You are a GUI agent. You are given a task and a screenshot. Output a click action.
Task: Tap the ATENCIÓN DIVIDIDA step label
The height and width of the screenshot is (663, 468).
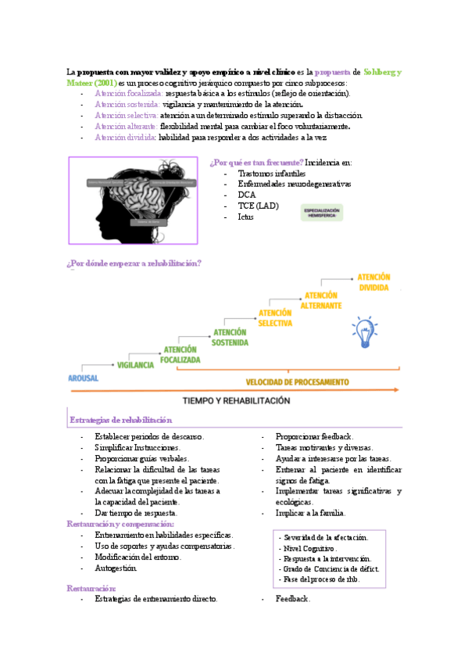[373, 282]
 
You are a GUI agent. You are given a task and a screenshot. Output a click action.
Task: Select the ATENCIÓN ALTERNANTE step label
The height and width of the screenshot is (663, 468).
[321, 300]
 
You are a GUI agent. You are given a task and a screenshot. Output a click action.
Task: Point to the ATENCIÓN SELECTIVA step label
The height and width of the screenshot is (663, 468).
[275, 318]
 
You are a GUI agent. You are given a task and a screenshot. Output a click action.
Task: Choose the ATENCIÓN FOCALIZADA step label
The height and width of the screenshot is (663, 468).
[180, 355]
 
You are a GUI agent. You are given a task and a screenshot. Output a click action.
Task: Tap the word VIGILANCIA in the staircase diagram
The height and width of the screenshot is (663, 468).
[135, 365]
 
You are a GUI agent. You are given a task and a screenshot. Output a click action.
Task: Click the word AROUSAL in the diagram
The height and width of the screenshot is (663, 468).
[84, 377]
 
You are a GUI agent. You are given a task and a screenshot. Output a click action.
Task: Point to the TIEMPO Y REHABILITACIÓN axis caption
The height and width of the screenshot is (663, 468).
[236, 400]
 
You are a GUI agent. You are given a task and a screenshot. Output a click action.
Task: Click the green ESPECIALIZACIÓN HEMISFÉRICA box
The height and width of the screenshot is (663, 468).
[323, 213]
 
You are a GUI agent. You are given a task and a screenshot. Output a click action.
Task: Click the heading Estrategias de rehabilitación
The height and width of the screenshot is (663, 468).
[120, 420]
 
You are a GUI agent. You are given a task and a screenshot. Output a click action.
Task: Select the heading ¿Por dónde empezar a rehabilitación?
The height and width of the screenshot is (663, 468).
[134, 263]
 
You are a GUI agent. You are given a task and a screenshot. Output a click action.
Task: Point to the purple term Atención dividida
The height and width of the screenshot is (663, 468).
[125, 137]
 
